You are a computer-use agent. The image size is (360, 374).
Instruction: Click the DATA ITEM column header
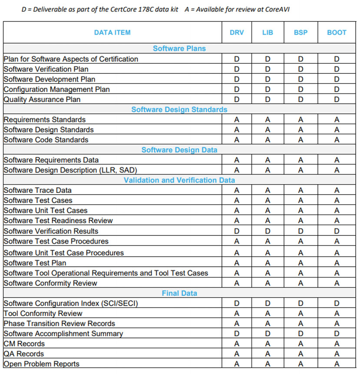112,32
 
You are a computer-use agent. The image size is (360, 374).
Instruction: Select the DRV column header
237,32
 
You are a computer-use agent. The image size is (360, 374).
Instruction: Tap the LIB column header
268,32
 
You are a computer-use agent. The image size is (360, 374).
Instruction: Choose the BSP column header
301,32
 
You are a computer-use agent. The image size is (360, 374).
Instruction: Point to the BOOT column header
337,32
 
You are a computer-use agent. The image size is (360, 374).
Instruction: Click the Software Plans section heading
179,49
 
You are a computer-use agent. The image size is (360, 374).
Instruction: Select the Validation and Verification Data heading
179,180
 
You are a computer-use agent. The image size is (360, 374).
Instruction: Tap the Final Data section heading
179,293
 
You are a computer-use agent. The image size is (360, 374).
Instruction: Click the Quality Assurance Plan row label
42,99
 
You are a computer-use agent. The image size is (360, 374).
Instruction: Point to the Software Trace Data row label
38,190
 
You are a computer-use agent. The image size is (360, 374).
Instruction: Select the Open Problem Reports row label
42,364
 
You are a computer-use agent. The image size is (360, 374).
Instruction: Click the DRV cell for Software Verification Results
237,231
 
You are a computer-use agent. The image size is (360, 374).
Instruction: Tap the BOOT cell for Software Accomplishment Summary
337,334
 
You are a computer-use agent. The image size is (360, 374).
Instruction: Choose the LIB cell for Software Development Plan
268,79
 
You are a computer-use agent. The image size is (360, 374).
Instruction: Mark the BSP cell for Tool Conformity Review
301,314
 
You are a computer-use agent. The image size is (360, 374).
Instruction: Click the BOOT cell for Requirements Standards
337,119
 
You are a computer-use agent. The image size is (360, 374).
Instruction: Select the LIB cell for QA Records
268,354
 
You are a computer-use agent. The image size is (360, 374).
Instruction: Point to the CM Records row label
24,344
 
